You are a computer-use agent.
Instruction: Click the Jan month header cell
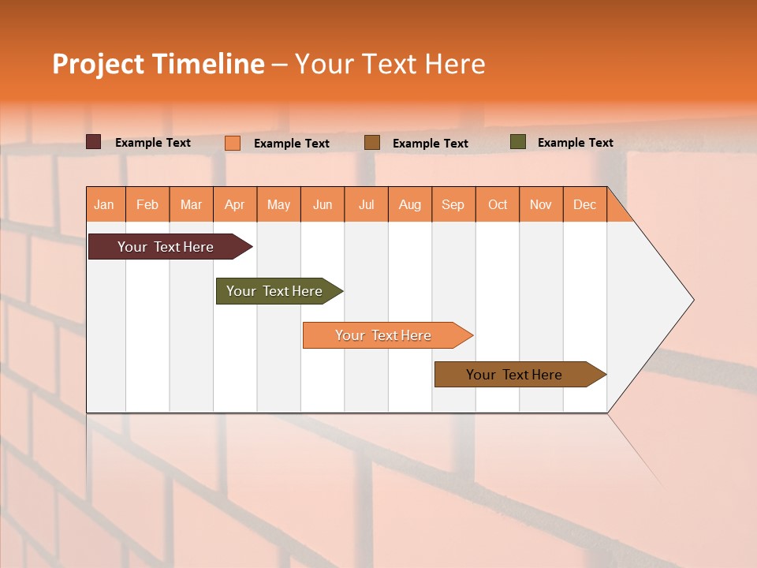click(x=105, y=204)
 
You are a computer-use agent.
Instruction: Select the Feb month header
click(x=147, y=204)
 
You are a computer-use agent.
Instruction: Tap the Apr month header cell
click(x=235, y=204)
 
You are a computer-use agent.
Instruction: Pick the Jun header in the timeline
click(x=323, y=204)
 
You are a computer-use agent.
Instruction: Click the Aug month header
click(x=410, y=204)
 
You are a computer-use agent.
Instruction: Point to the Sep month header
click(x=453, y=204)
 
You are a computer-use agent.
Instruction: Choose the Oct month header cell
click(x=498, y=204)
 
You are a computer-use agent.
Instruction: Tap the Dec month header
click(x=585, y=204)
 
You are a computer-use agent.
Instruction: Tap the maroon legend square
click(x=94, y=142)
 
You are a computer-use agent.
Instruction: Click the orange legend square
click(x=233, y=143)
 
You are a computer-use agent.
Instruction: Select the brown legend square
click(x=372, y=143)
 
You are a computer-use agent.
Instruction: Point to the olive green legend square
click(x=518, y=142)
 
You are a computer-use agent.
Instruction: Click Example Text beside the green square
click(x=575, y=143)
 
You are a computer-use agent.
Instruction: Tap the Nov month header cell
click(x=541, y=204)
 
